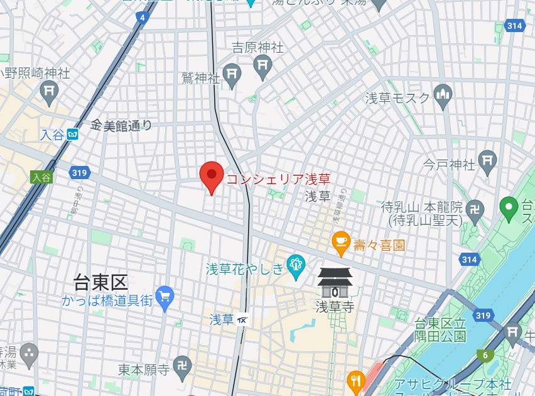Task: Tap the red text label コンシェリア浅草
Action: click(278, 179)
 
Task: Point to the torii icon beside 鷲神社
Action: click(233, 74)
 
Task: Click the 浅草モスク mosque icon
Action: click(443, 96)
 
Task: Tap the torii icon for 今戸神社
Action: click(487, 162)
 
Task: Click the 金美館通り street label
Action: click(121, 126)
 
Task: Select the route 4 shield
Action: click(144, 17)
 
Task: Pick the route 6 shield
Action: click(485, 356)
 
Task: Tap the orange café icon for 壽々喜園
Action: click(341, 244)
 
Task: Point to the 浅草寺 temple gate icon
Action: click(334, 283)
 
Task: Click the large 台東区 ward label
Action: click(100, 280)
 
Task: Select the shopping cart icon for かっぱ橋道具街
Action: click(165, 297)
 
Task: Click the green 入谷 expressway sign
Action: click(41, 177)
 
